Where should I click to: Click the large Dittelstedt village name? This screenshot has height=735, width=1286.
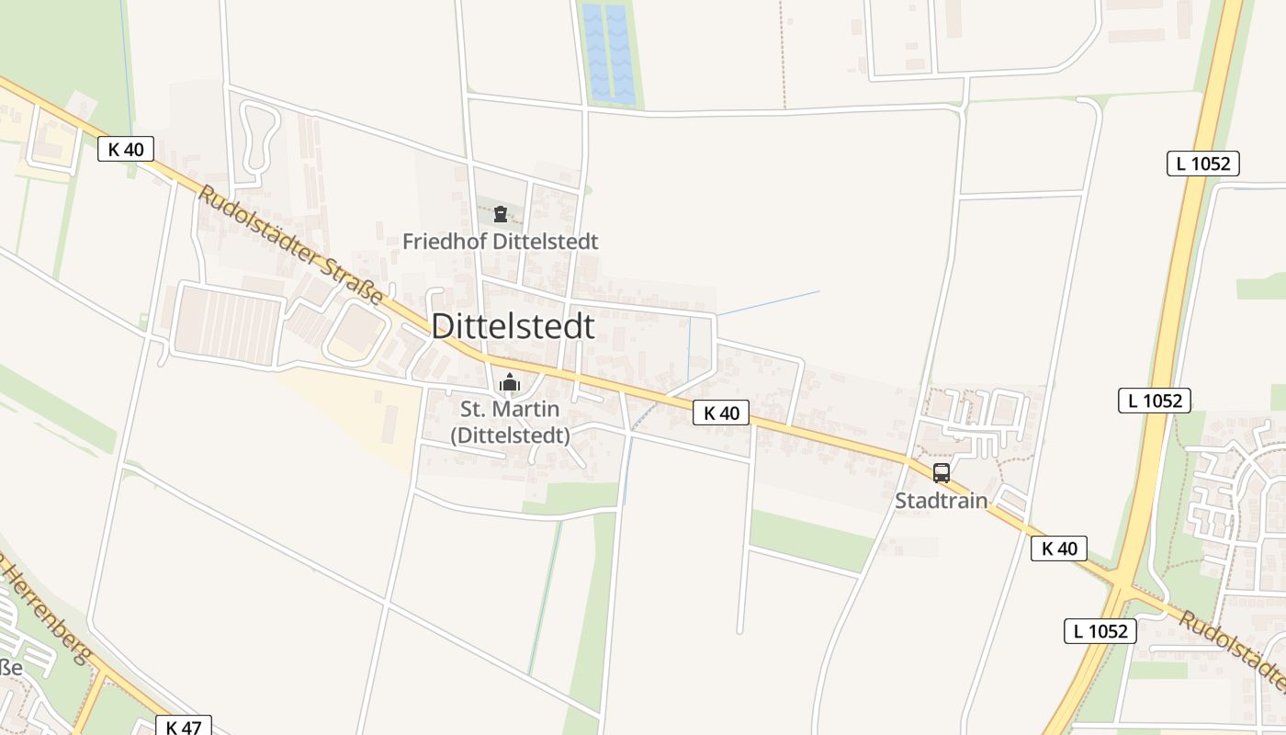513,326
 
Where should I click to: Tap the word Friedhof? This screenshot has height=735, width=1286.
446,242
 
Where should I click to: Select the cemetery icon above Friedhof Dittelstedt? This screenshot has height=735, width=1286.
501,215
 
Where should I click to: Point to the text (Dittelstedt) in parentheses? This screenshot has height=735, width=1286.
510,435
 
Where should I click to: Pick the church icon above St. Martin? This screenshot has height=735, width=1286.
510,382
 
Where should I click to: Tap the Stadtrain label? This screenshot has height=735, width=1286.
942,501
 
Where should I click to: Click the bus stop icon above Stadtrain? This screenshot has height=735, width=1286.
942,473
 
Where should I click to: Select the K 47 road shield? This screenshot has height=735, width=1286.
184,727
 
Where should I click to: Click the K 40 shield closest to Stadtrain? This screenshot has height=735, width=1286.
1059,549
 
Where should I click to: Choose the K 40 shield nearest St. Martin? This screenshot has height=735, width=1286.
721,413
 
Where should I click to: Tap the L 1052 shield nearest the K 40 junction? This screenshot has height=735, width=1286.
1100,631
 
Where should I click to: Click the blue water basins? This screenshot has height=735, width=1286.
608,52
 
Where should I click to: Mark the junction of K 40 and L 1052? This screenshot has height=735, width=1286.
1123,587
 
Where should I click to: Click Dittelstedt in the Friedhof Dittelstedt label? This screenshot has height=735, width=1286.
546,242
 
